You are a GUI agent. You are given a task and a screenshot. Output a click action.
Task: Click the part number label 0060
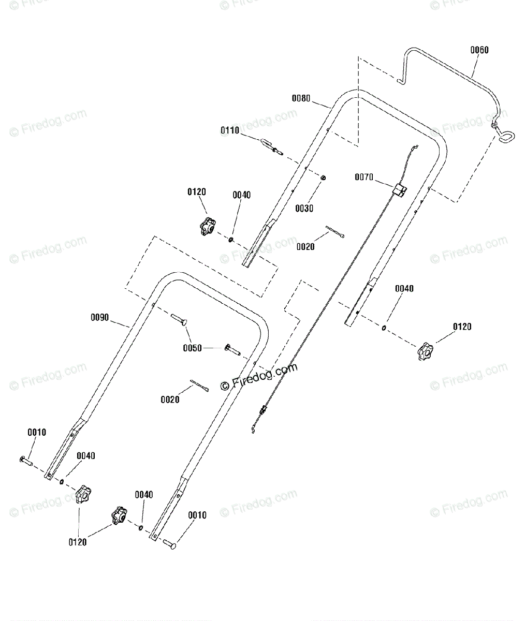479,50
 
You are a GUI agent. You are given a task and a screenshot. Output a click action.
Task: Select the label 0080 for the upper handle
301,98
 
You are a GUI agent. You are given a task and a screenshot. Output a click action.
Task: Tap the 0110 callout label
230,130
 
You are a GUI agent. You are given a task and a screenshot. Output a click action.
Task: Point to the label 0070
363,177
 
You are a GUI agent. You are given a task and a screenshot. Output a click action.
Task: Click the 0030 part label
304,209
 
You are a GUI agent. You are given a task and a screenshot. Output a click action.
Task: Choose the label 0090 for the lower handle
100,317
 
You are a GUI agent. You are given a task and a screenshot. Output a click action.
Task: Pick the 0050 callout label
192,348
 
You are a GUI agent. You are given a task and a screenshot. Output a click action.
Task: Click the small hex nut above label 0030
323,178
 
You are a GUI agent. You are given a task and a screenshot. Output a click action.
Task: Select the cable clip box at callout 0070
400,190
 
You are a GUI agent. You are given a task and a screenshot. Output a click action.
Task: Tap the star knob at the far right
425,351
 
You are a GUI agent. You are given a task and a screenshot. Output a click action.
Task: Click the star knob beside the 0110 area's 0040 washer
208,227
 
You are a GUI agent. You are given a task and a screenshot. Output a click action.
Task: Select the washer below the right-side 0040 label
384,328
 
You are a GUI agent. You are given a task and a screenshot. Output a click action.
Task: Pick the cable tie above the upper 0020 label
335,232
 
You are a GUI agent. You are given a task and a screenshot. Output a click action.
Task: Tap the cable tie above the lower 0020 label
199,386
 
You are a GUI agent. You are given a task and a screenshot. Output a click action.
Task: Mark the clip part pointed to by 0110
272,147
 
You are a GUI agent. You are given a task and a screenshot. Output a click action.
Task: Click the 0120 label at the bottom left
77,542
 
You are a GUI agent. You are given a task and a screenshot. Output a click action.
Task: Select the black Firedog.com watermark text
259,376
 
